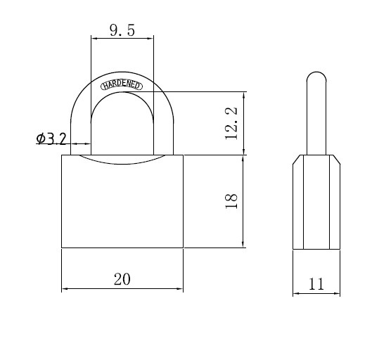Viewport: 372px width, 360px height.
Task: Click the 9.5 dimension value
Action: pyautogui.click(x=122, y=30)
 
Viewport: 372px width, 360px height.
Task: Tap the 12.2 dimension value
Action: pyautogui.click(x=231, y=123)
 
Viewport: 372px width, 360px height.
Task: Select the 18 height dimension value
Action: pyautogui.click(x=231, y=201)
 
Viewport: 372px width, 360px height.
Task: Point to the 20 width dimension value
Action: pyautogui.click(x=122, y=279)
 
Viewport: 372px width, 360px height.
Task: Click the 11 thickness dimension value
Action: pyautogui.click(x=316, y=284)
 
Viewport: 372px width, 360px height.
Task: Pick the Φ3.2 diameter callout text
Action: pyautogui.click(x=51, y=139)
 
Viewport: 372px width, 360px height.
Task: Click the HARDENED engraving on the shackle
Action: pyautogui.click(x=122, y=85)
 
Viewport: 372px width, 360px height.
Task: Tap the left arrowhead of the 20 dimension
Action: pyautogui.click(x=65, y=288)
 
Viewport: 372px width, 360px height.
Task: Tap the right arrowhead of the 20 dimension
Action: pyautogui.click(x=179, y=288)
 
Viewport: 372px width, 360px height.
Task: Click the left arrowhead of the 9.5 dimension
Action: pyautogui.click(x=94, y=38)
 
